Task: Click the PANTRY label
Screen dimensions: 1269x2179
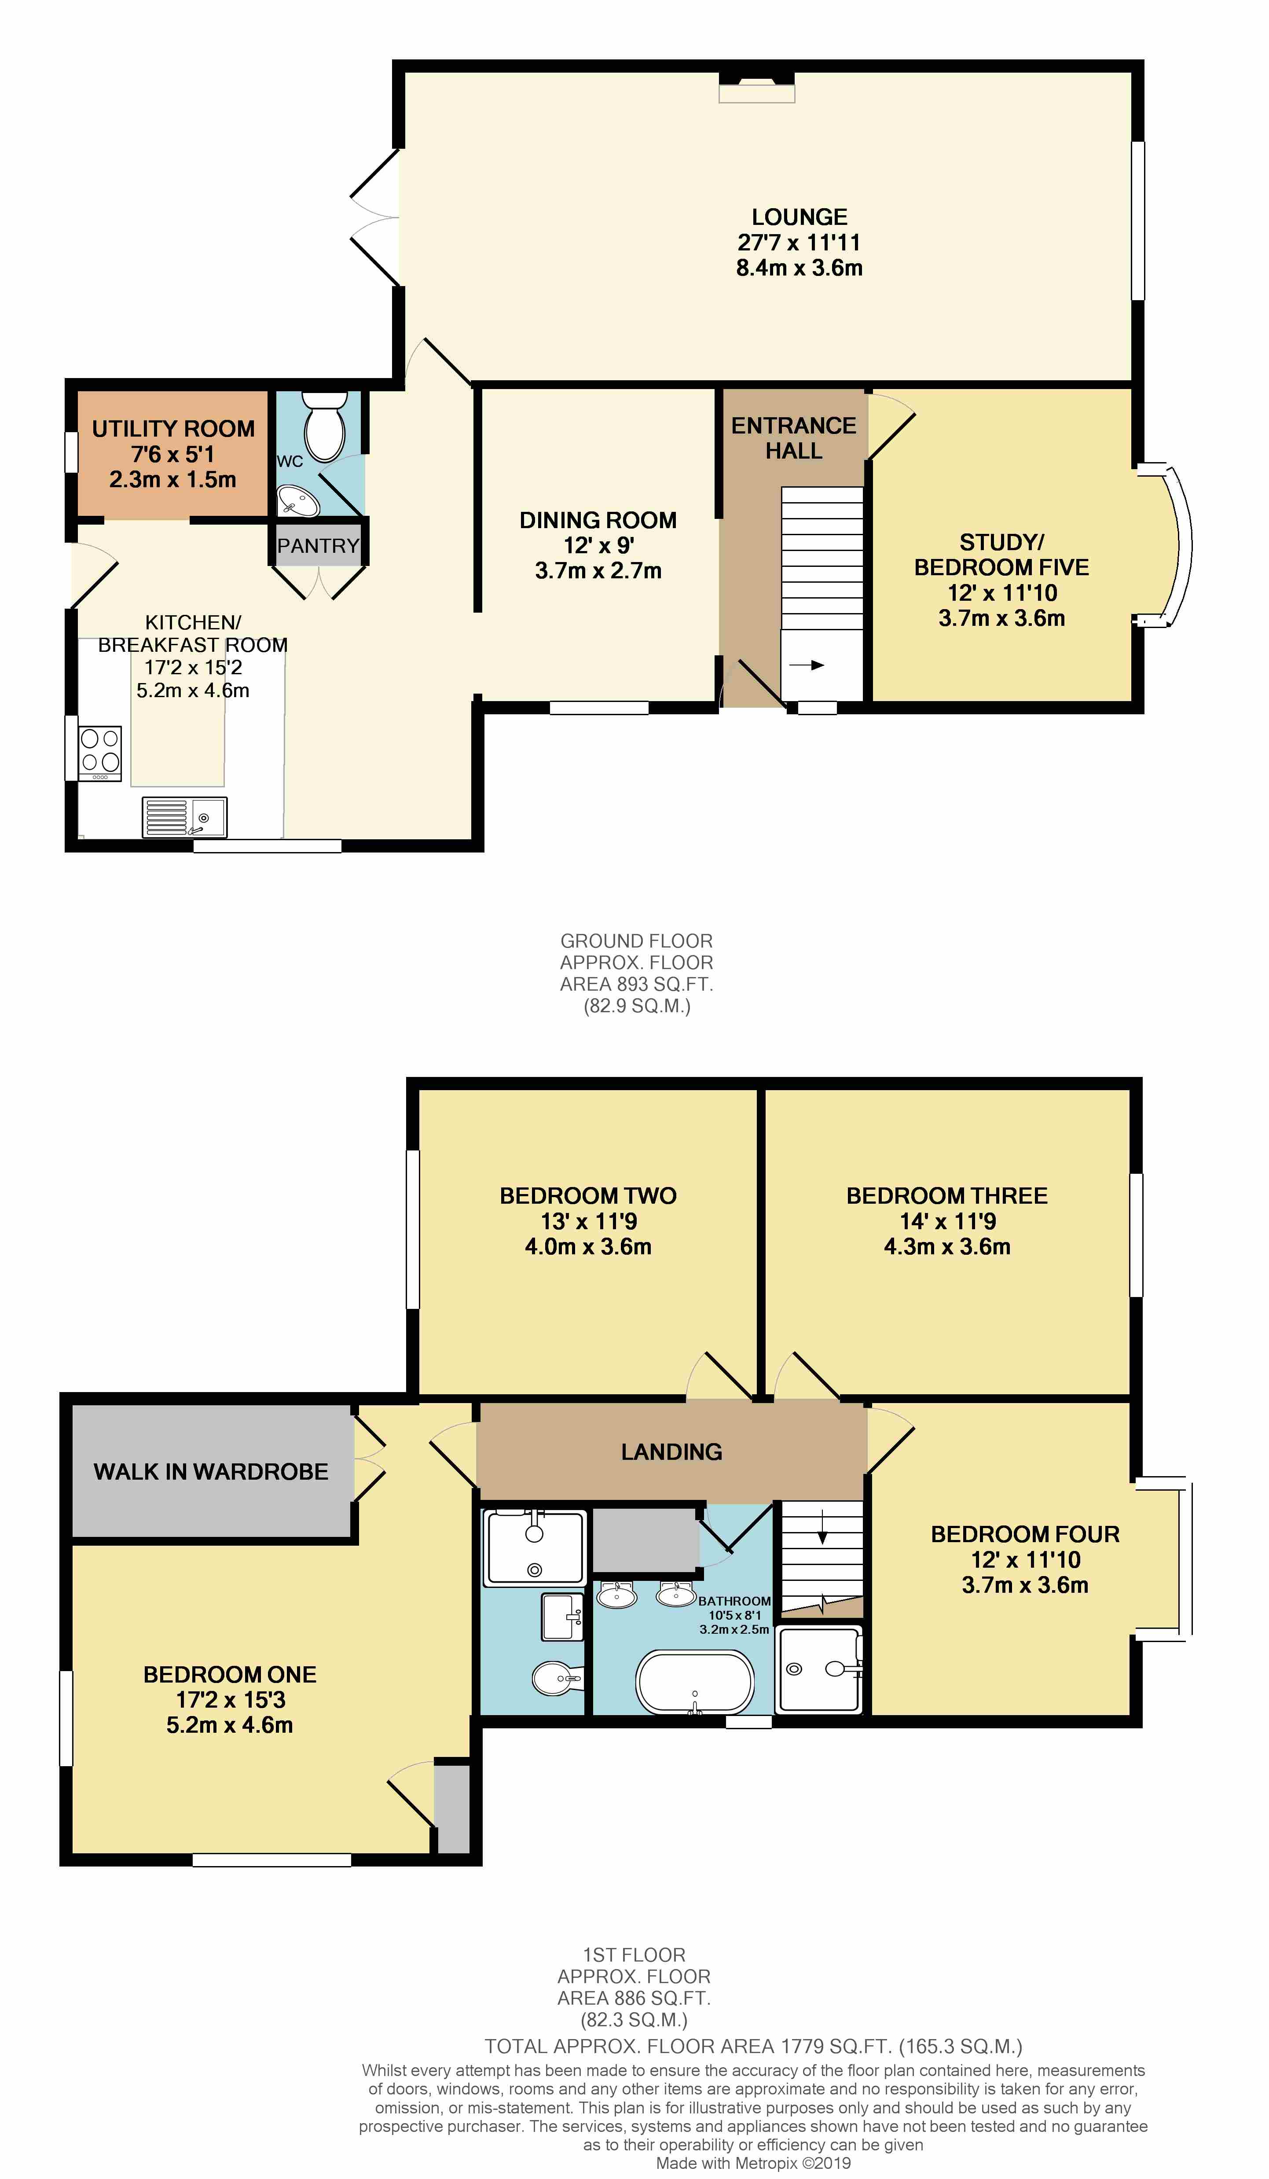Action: pyautogui.click(x=318, y=546)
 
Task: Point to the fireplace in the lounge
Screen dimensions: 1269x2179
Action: pyautogui.click(x=757, y=86)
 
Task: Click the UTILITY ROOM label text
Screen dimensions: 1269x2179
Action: pyautogui.click(x=174, y=429)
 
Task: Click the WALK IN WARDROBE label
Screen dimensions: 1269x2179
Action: pyautogui.click(x=211, y=1472)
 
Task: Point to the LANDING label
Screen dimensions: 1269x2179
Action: pyautogui.click(x=671, y=1452)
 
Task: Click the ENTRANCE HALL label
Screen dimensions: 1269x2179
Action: pyautogui.click(x=793, y=438)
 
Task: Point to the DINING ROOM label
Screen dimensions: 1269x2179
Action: pyautogui.click(x=598, y=521)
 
